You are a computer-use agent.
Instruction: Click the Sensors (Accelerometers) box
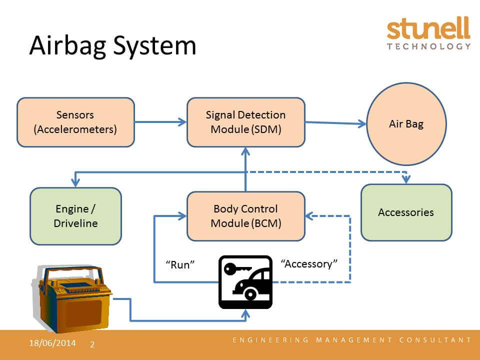point(75,122)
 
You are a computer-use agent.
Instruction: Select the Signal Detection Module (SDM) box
point(246,122)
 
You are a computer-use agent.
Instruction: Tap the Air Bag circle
point(406,124)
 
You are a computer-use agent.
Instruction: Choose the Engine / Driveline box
point(75,216)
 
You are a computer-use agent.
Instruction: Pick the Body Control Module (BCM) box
point(246,216)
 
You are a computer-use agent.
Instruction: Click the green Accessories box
point(406,212)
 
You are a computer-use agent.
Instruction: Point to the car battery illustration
point(72,298)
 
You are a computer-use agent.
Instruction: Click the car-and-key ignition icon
point(245,282)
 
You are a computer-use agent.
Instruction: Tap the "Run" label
point(180,264)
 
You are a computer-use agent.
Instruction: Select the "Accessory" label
point(309,263)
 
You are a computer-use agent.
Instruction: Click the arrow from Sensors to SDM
point(160,122)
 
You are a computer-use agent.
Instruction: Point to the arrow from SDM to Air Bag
point(336,123)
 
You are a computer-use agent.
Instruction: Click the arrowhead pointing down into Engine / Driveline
point(75,183)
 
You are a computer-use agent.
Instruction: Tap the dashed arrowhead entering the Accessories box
point(406,179)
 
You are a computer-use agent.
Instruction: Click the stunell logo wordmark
point(428,28)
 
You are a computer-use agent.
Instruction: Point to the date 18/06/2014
point(52,343)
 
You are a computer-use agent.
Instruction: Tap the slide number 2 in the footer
point(92,344)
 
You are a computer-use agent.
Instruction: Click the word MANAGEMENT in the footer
point(354,340)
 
